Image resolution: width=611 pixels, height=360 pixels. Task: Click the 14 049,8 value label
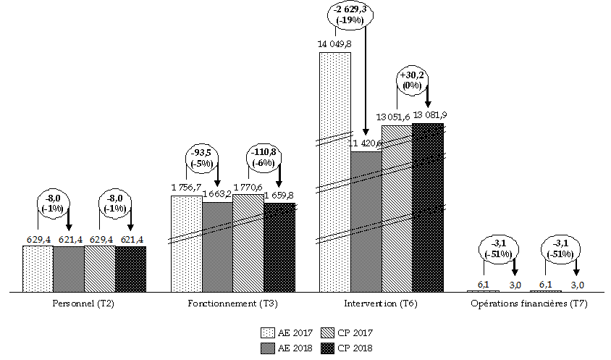pyautogui.click(x=334, y=44)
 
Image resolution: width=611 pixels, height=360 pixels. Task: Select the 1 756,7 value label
pyautogui.click(x=186, y=188)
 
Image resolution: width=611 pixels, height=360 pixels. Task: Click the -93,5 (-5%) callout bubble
pyautogui.click(x=203, y=159)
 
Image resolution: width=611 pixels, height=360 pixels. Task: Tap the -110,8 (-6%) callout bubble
pyautogui.click(x=264, y=159)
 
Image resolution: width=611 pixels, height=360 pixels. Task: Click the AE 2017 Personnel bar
pyautogui.click(x=38, y=269)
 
